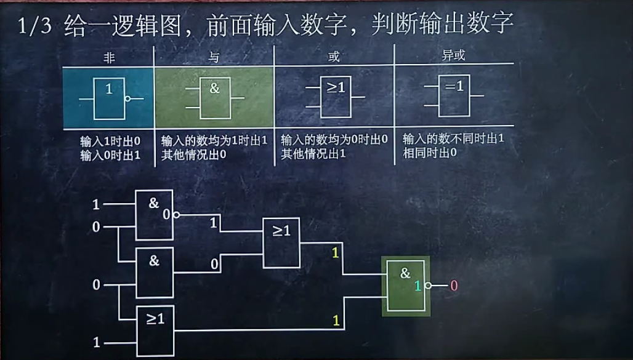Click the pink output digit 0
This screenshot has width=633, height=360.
(454, 286)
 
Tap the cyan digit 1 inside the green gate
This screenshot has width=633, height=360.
(417, 286)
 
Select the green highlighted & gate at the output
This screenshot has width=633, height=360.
(405, 286)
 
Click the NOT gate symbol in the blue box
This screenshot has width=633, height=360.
(110, 98)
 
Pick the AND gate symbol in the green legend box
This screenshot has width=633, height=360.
(214, 98)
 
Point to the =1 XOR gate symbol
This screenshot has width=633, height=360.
(454, 95)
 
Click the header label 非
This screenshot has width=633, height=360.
(108, 57)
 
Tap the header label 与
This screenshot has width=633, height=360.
(214, 57)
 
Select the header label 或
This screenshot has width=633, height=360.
(334, 57)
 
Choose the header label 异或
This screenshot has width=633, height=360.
(454, 56)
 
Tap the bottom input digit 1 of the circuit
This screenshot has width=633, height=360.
(96, 342)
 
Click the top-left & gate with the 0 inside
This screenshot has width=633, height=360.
(155, 215)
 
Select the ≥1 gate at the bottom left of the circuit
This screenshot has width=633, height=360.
(155, 330)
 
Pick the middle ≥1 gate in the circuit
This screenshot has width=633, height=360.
(281, 242)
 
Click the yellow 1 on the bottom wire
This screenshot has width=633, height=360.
(336, 320)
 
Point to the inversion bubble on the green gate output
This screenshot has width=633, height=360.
(427, 286)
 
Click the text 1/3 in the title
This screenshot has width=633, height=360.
(31, 26)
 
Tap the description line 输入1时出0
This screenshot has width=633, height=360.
(110, 140)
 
